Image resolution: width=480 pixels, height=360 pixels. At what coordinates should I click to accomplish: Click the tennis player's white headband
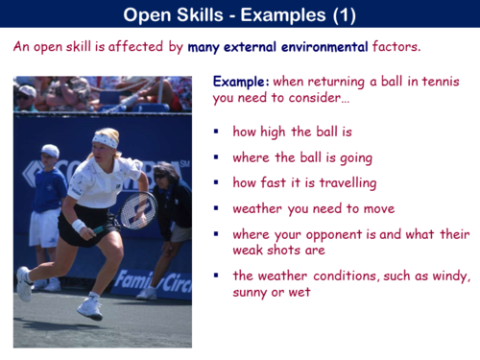104,141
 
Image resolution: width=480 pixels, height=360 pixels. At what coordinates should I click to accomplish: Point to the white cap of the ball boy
50,151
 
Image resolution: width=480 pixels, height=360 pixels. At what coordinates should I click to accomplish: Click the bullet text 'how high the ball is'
291,131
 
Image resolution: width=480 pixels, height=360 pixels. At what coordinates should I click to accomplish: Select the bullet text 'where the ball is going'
301,156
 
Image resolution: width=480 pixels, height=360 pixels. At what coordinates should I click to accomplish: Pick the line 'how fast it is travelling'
302,181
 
